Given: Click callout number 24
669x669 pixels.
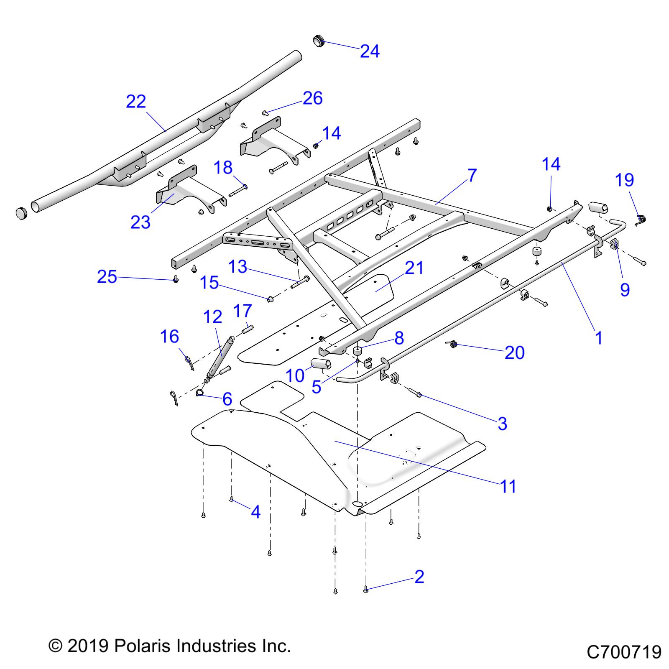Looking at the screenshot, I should (370, 51).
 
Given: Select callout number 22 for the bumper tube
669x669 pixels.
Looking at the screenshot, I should (136, 102).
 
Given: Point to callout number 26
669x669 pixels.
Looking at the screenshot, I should (313, 98).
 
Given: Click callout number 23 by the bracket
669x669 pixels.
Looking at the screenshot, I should (140, 222).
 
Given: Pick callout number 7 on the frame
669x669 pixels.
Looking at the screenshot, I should (472, 175).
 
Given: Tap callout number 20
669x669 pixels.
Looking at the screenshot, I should (514, 352).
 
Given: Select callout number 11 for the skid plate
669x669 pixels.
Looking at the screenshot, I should (508, 487).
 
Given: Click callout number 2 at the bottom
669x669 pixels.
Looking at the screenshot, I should (419, 577).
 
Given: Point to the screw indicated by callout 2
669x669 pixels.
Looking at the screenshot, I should (366, 590).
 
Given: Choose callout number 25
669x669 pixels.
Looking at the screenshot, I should (107, 276).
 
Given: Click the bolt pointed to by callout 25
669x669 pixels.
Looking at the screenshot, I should (176, 280).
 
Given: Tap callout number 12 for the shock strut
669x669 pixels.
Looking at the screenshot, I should (213, 317).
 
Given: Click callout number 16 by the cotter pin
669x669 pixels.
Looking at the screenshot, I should (170, 337).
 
